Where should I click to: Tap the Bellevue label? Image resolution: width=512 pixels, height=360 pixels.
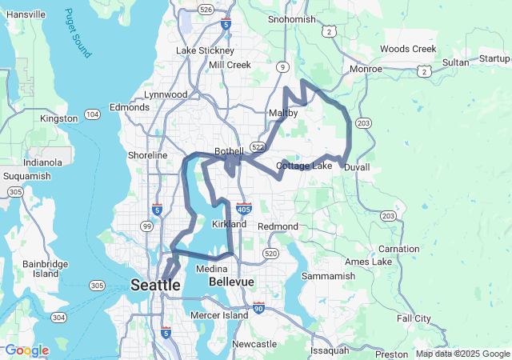(x=231, y=282)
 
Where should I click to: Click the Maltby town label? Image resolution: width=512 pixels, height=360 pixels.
(x=283, y=114)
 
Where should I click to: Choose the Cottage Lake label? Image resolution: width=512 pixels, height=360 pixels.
(x=303, y=166)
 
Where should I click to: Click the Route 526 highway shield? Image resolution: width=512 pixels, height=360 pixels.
(x=206, y=9)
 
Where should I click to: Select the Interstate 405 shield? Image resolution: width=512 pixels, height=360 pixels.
(x=245, y=207)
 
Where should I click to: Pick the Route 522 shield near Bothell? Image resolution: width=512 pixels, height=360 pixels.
(x=258, y=147)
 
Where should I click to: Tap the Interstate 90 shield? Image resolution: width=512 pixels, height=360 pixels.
(x=258, y=307)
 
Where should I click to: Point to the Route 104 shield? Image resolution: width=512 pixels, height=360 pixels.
(x=93, y=114)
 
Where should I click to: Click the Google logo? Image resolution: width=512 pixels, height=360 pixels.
(x=26, y=350)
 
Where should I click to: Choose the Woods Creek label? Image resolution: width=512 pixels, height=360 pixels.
(x=408, y=49)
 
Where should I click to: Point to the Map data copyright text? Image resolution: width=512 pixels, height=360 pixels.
(x=462, y=354)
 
